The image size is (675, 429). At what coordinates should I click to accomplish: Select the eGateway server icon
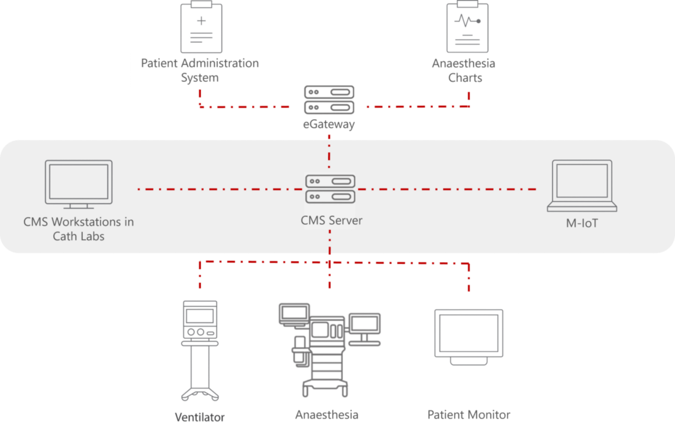330,100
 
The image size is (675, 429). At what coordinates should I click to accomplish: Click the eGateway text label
330,125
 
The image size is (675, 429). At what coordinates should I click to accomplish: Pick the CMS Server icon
330,189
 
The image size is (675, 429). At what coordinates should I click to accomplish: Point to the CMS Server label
331,220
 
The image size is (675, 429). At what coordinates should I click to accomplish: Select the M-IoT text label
582,223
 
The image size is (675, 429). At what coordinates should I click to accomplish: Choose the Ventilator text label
199,417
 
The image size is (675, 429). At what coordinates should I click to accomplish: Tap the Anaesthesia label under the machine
327,415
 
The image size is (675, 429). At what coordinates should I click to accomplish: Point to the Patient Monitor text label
469,415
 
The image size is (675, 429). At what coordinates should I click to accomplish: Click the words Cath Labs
79,236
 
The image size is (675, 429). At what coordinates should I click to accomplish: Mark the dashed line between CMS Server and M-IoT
448,189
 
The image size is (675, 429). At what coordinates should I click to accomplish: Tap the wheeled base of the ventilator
199,394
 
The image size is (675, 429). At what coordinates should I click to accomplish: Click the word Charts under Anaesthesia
465,78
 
